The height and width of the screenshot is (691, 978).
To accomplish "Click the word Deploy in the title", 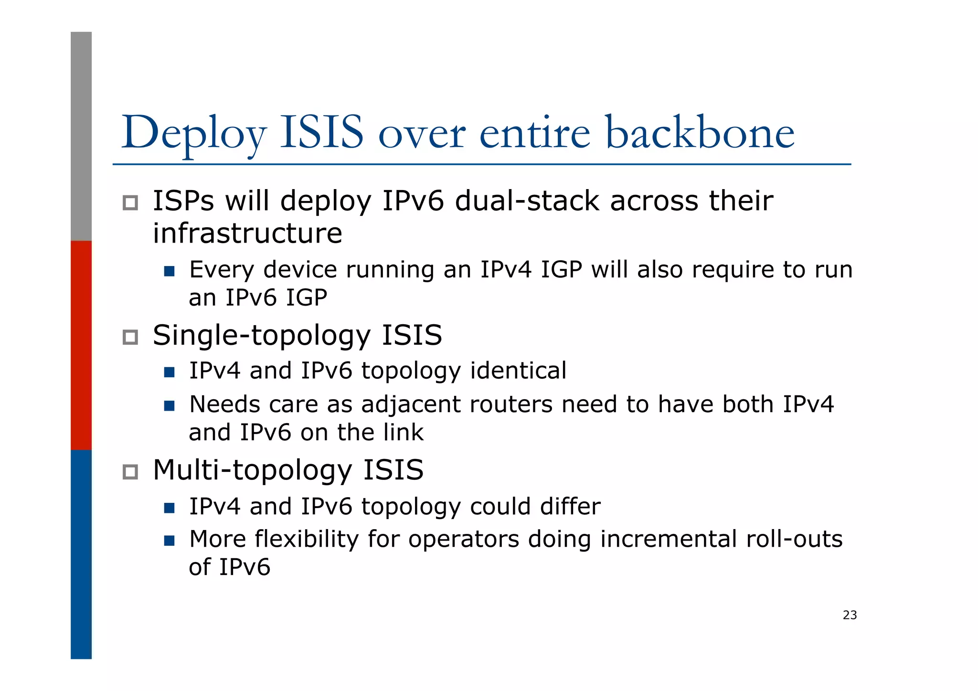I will click(193, 134).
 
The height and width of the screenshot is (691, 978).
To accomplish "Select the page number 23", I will click(850, 615).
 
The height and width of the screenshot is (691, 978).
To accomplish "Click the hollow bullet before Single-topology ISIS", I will click(130, 337).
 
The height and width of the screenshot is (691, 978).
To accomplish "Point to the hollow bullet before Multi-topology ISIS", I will click(130, 472).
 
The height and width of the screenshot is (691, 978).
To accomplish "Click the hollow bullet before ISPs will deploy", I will click(130, 202).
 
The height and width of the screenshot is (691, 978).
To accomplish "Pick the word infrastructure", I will click(247, 233).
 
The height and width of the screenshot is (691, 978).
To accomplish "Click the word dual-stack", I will click(527, 201).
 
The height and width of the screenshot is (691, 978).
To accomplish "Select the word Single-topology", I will click(261, 336).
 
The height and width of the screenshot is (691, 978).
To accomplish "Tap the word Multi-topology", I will click(252, 471).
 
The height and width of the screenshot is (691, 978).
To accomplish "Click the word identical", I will click(518, 371).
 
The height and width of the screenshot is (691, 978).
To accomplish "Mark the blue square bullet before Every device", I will click(169, 271).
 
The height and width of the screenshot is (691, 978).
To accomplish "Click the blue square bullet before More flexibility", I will click(169, 541).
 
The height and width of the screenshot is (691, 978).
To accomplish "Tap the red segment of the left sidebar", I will click(81, 345).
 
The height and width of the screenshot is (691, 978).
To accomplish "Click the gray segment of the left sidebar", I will click(81, 136).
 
